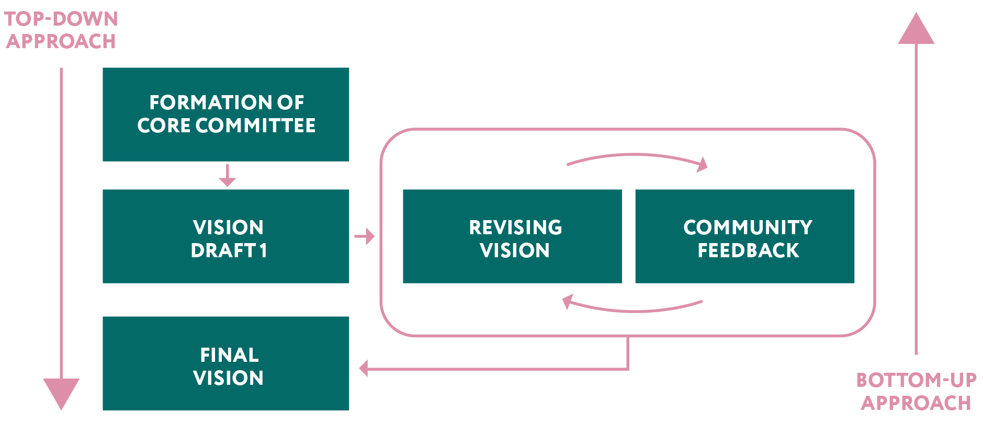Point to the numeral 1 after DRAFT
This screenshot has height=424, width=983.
pos(263,251)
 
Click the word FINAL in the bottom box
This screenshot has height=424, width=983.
pos(229,356)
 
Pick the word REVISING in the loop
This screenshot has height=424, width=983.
pos(515,227)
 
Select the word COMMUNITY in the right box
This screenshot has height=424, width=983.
pos(748,227)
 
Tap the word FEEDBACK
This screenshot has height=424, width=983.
pos(748,251)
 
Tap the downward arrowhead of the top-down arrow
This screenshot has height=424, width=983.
pos(61,393)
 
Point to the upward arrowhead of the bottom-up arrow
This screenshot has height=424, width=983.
pos(916,29)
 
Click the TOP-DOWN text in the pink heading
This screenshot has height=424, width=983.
pos(61,19)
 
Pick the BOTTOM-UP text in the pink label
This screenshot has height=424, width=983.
pos(916,380)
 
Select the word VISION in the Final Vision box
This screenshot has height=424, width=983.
pos(228,378)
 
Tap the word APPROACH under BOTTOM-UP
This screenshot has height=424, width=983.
pos(916,403)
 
